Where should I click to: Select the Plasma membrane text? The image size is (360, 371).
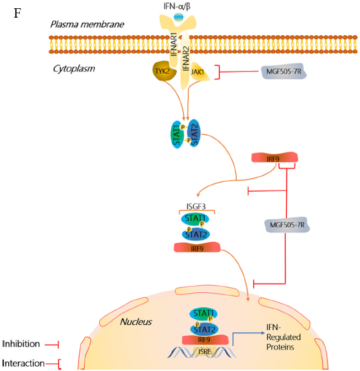tap(87, 24)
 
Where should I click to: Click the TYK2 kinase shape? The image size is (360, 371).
tap(163, 72)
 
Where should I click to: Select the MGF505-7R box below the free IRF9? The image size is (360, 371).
tap(287, 225)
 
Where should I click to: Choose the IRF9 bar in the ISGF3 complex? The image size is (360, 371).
tap(197, 248)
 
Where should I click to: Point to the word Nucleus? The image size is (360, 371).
tap(136, 321)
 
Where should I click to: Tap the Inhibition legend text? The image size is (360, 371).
tap(21, 344)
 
